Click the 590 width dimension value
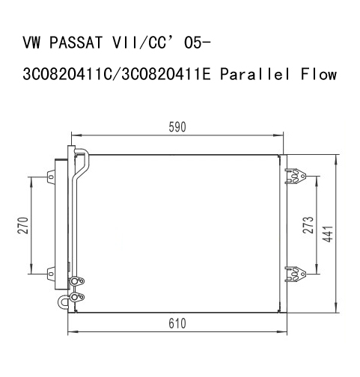pyautogui.click(x=177, y=127)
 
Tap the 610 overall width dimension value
pyautogui.click(x=177, y=324)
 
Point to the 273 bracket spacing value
pyautogui.click(x=308, y=225)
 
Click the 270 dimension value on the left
pyautogui.click(x=23, y=225)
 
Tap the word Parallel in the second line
pyautogui.click(x=254, y=74)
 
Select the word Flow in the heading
pyautogui.click(x=319, y=74)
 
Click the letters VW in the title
pyautogui.click(x=31, y=43)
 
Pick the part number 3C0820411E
pyautogui.click(x=166, y=74)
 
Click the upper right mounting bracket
pyautogui.click(x=296, y=176)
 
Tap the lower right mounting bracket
pyautogui.click(x=296, y=274)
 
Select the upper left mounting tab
pyautogui.click(x=51, y=177)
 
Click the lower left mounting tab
pyautogui.click(x=51, y=274)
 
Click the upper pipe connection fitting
pyautogui.click(x=77, y=281)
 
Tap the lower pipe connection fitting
pyautogui.click(x=77, y=297)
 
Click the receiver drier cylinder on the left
pyautogui.click(x=61, y=224)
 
